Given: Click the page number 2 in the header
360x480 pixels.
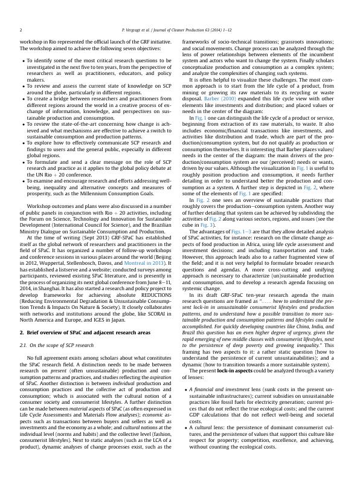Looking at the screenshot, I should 21,29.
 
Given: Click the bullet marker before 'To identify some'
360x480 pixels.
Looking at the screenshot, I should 23,61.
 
